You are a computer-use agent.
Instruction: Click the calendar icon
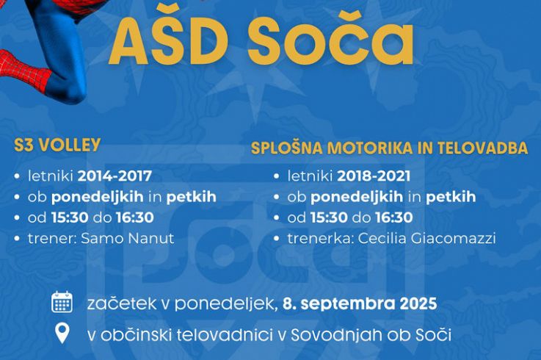point(62,302)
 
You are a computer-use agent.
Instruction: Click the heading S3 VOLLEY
point(57,145)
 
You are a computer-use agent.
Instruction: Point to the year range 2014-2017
point(115,176)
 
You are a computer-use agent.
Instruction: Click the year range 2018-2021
point(374,176)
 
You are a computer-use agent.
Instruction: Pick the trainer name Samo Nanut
point(127,238)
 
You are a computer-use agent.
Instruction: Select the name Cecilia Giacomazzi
point(426,238)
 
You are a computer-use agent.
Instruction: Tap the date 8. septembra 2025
point(360,303)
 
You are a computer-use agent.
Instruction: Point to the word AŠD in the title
point(167,40)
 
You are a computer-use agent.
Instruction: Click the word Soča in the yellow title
point(330,40)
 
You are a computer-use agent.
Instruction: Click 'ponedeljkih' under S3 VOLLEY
point(98,198)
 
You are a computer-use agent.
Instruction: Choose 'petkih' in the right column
point(451,198)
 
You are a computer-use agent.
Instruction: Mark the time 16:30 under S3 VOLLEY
point(135,217)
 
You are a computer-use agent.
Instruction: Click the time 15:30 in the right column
point(329,217)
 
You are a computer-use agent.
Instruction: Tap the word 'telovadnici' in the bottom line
point(223,335)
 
